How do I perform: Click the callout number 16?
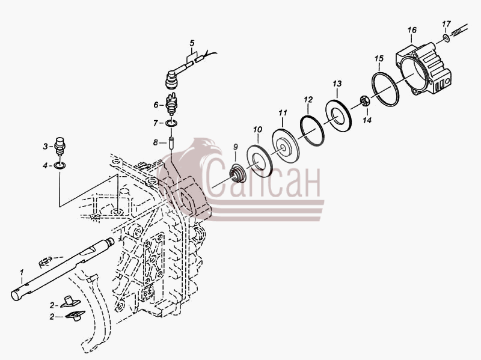[x=412, y=30]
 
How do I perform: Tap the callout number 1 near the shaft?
[x=22, y=272]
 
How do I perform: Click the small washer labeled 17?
[x=446, y=38]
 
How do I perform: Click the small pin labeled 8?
[x=171, y=142]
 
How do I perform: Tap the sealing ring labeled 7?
[x=171, y=123]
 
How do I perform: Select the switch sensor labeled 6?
[x=171, y=103]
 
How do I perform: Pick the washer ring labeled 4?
[x=59, y=166]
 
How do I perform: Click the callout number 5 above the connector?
[x=192, y=43]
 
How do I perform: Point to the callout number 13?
[x=337, y=84]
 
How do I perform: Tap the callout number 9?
[x=235, y=147]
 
